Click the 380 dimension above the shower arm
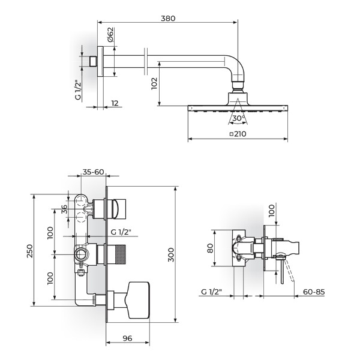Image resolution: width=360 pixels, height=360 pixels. point(168,19)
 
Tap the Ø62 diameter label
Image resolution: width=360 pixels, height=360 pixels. point(110,35)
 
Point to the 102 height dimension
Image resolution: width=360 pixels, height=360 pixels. point(154,83)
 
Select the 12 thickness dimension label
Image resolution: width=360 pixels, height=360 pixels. point(115,103)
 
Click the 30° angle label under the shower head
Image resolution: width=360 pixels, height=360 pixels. point(238,118)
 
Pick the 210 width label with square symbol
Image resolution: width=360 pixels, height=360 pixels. point(238,134)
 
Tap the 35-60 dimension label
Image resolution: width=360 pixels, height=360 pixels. point(93,172)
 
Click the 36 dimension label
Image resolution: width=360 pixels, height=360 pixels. point(65,209)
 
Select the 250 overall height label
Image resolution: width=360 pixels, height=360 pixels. point(30,251)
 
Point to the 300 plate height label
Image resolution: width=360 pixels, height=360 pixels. point(171,254)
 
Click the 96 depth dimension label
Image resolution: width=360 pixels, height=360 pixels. point(127,338)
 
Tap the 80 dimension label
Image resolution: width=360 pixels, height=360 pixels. point(211,248)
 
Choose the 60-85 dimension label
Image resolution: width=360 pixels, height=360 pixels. point(314,292)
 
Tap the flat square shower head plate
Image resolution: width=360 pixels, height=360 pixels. point(238,108)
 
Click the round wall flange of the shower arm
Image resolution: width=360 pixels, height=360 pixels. point(100,61)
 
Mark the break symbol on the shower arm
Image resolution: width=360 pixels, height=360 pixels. point(146,62)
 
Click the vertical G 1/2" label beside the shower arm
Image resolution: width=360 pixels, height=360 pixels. point(78,90)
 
